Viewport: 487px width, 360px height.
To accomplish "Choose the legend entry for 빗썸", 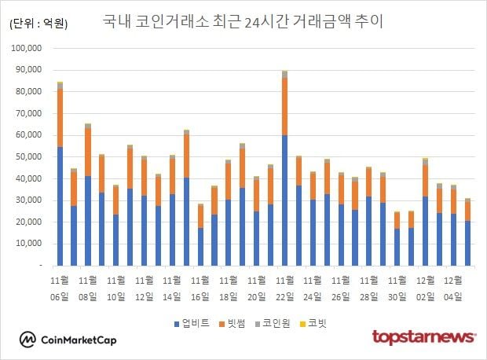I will [233, 322].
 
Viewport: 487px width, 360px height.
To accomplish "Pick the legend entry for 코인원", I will [276, 322].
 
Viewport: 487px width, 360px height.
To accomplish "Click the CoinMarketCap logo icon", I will [28, 340].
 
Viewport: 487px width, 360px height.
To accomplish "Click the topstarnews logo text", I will [423, 337].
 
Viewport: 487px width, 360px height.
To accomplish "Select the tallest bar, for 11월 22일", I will [284, 169].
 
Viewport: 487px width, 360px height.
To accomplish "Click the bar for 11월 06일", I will [60, 173].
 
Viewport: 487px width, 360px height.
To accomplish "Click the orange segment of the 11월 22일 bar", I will [284, 106].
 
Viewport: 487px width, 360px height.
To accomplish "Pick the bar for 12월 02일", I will [425, 212].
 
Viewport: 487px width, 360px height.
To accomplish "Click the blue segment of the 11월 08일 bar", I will [88, 220].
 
